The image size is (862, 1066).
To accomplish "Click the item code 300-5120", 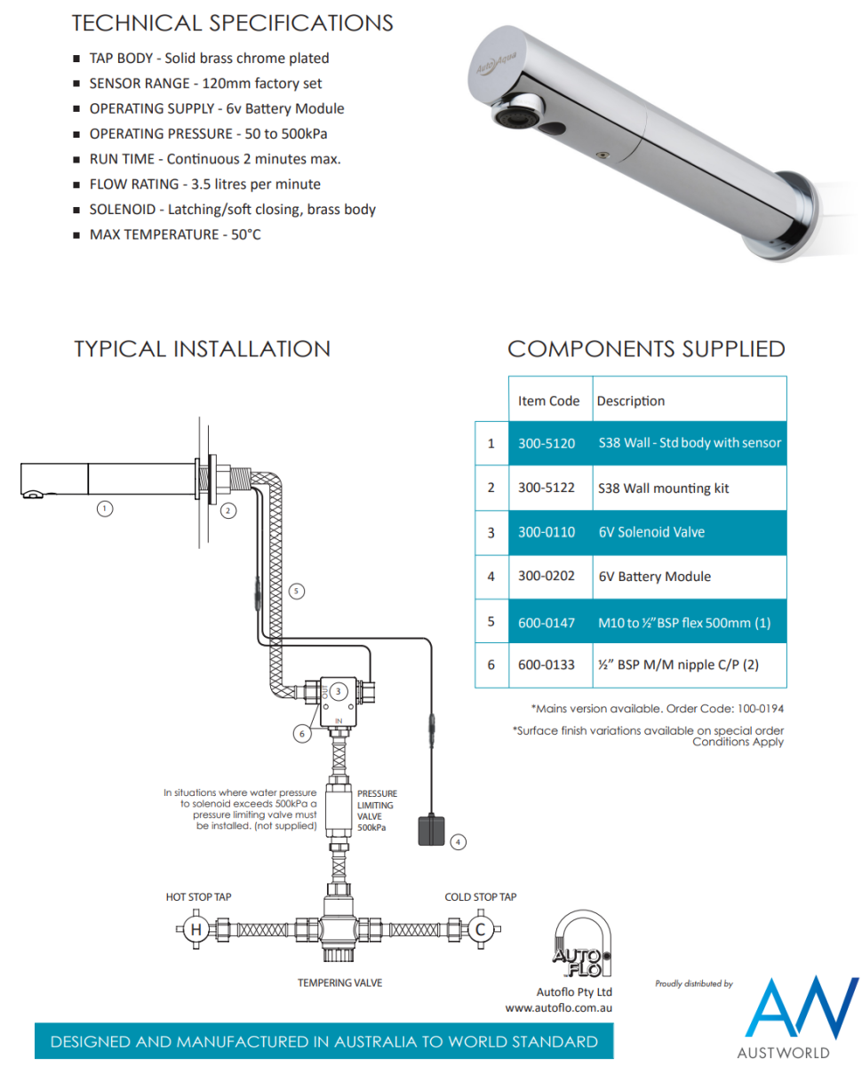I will (547, 442).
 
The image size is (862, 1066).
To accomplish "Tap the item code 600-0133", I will (547, 664).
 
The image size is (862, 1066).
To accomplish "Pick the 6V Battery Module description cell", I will (655, 577).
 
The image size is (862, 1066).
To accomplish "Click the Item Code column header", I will (548, 401).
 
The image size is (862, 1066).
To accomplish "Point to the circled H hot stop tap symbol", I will (196, 930).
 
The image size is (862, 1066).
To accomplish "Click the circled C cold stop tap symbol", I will (480, 930).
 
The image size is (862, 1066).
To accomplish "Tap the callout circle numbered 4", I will (458, 840).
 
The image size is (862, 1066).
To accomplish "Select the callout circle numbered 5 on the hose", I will (297, 591).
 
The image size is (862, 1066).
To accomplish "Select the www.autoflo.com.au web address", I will (559, 1008).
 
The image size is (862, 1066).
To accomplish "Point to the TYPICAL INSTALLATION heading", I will (202, 349).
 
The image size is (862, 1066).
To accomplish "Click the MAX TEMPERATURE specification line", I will (175, 235).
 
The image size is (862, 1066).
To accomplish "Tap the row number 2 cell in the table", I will (491, 488).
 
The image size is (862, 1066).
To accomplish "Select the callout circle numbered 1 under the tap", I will (105, 509).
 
